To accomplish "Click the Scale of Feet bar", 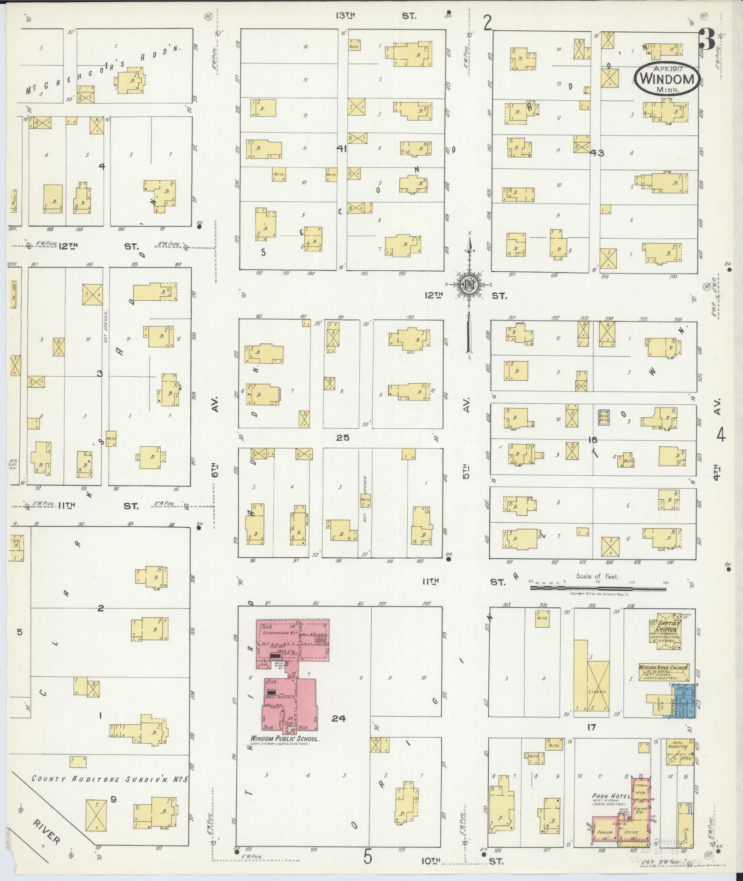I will pyautogui.click(x=597, y=588).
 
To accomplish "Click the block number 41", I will pyautogui.click(x=341, y=149).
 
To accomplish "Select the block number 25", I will pyautogui.click(x=342, y=438).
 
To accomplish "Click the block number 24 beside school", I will pyautogui.click(x=338, y=718).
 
